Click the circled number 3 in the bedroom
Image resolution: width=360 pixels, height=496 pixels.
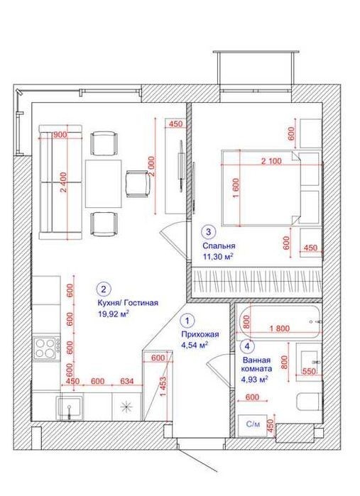tap(208, 232)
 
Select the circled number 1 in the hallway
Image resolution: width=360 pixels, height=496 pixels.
tap(187, 321)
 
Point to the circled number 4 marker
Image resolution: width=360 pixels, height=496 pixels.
tap(248, 347)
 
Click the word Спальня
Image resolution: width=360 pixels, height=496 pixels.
tap(219, 246)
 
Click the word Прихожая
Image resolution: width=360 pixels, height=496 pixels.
tap(200, 334)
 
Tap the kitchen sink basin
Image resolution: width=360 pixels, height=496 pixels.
tap(70, 407)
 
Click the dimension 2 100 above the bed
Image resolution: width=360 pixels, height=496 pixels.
tap(271, 161)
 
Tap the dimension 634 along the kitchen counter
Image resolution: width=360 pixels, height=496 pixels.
tap(127, 381)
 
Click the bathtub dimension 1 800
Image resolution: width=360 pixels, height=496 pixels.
tap(279, 329)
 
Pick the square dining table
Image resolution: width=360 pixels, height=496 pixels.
tap(104, 184)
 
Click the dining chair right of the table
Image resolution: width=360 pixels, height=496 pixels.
tap(137, 184)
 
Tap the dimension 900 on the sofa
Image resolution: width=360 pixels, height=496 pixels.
tap(60, 135)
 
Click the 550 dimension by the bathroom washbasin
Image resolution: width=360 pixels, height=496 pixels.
tap(309, 370)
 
